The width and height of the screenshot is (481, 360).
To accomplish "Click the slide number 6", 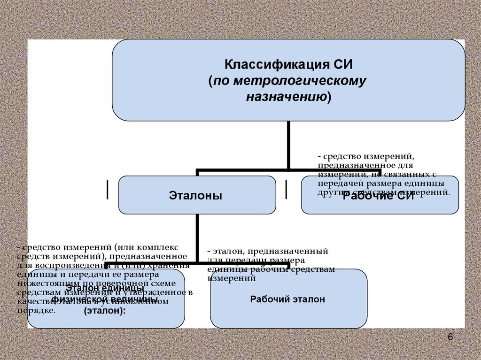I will pos(450,338).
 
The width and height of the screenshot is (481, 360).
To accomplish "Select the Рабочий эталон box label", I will pos(287,299).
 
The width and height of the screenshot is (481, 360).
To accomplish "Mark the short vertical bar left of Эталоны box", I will pos(109,189).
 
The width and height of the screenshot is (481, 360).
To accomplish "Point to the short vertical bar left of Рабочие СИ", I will pos(287,189).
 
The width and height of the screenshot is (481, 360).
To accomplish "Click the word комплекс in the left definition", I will pos(159,247).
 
